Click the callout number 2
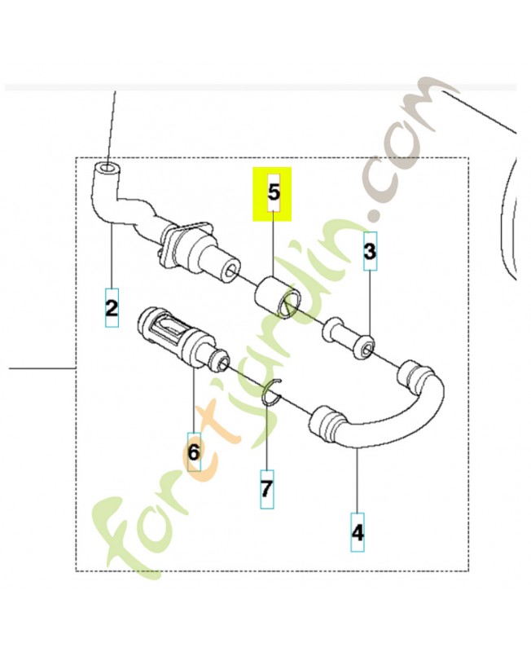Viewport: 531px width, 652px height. (112, 308)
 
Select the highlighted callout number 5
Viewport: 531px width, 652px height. (274, 192)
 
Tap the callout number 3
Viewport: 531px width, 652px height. (370, 251)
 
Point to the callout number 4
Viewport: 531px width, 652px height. (358, 532)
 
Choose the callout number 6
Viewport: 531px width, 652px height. (194, 452)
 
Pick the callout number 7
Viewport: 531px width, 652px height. (267, 489)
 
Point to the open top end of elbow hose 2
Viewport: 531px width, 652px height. (108, 169)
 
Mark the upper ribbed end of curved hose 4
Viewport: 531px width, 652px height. (412, 377)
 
